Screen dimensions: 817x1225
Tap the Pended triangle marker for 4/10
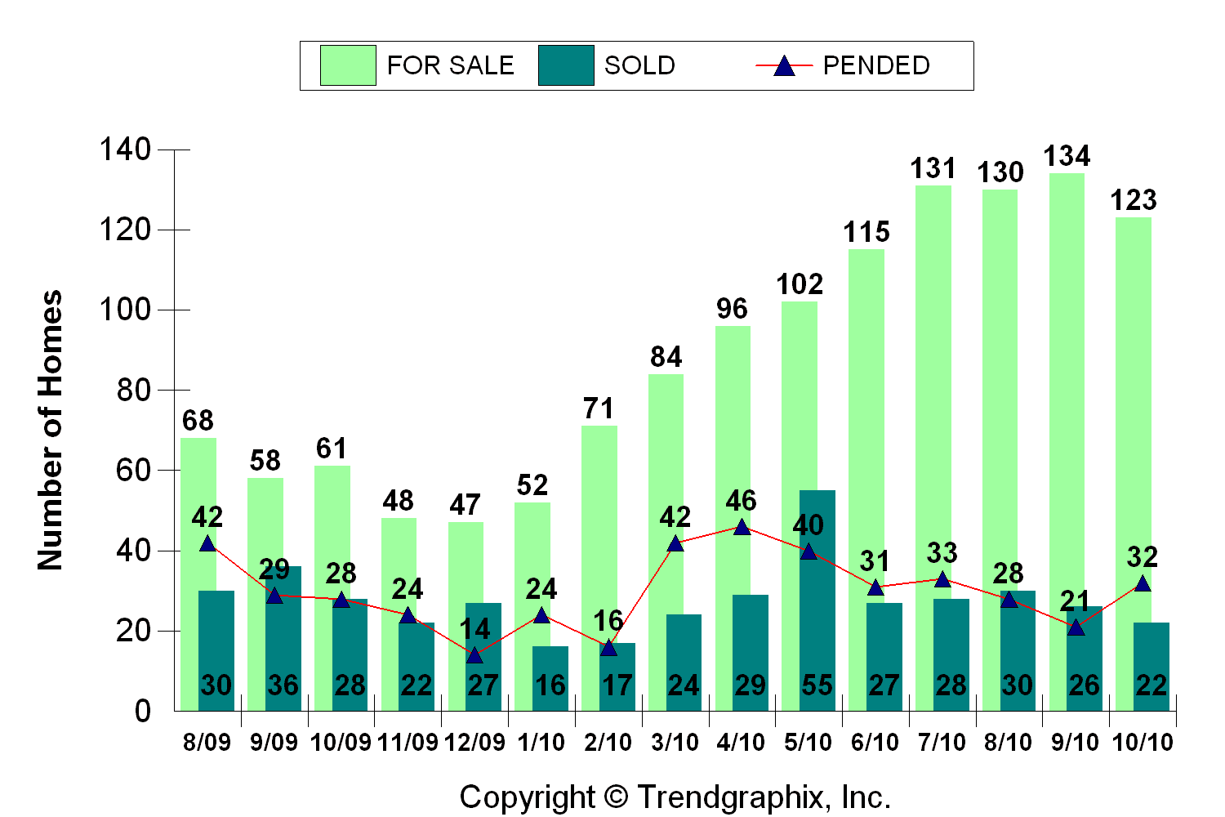742,527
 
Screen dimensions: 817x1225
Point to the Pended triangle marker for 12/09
474,655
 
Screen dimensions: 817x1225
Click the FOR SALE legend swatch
348,65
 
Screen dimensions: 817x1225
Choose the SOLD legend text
639,65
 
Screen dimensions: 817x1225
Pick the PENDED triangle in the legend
784,66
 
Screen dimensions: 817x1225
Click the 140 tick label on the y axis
125,150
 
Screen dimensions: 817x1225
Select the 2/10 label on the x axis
608,742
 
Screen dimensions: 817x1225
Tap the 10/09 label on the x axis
341,742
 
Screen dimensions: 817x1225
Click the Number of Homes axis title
51,430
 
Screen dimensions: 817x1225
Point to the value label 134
1067,156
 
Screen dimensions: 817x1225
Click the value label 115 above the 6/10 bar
866,233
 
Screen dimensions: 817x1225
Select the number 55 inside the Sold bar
817,685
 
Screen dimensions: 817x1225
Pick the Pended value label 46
742,500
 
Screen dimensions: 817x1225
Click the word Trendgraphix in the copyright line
730,797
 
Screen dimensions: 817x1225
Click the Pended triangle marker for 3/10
675,543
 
